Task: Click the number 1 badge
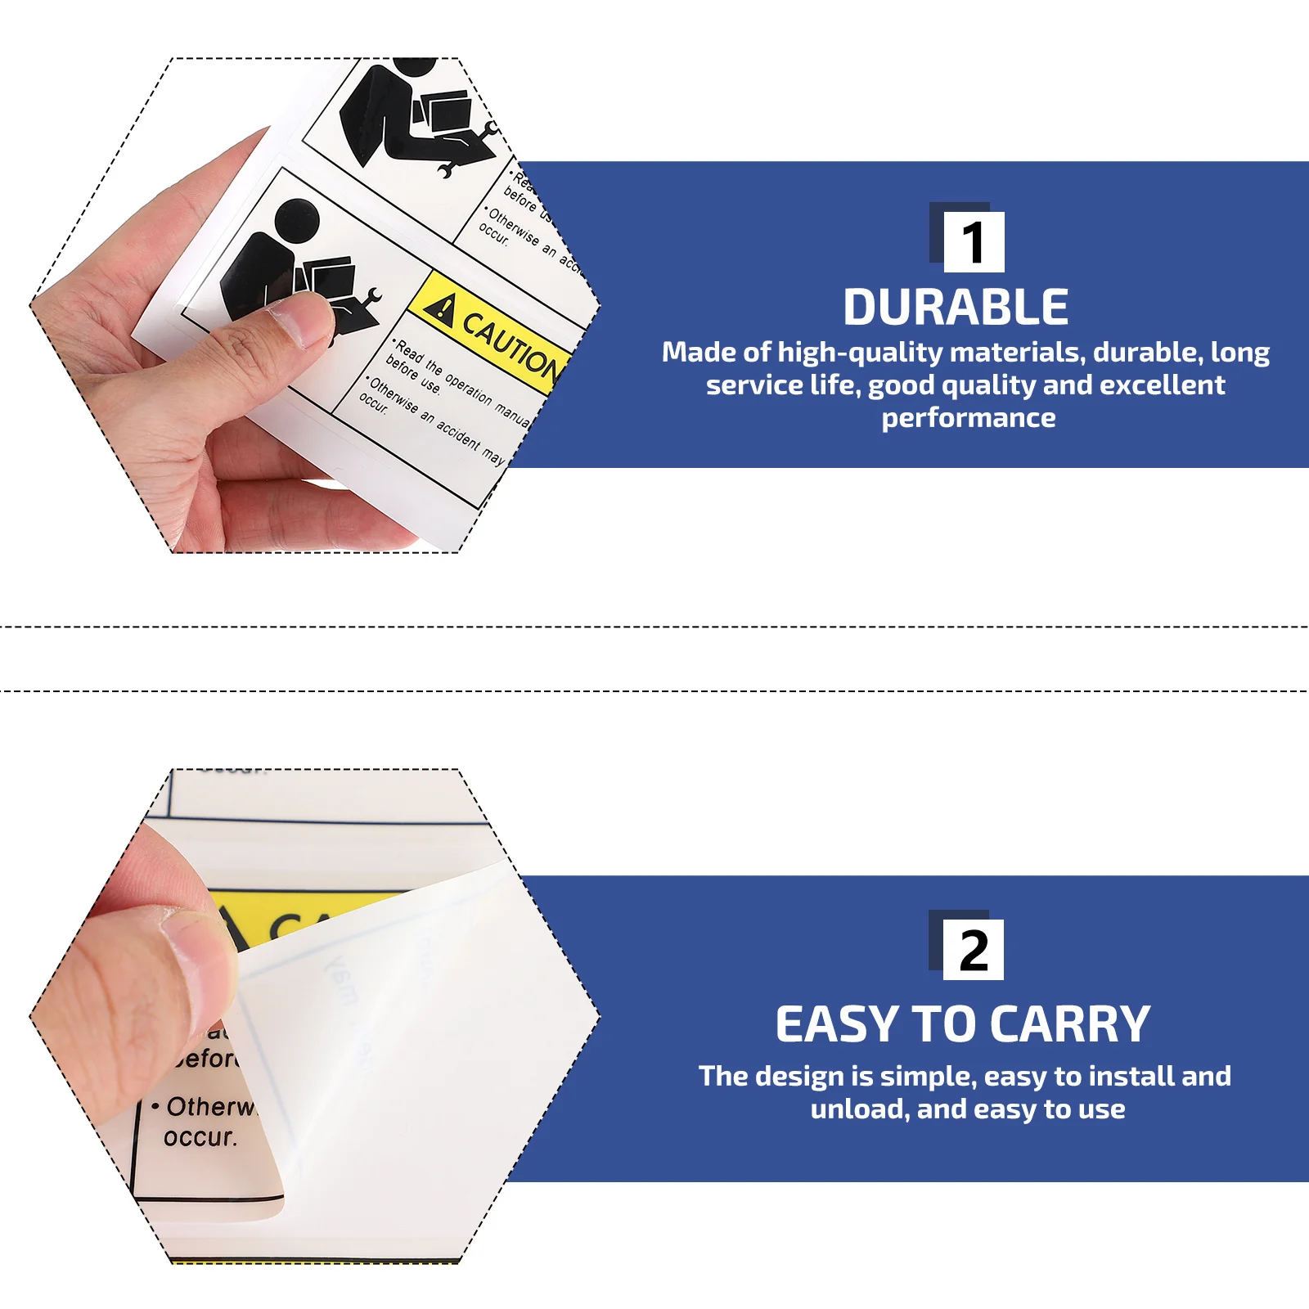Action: (973, 242)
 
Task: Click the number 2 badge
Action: (973, 950)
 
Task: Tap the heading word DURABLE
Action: (956, 308)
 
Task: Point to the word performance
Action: (968, 418)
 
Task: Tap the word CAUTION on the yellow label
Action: (509, 344)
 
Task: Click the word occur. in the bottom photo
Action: (200, 1137)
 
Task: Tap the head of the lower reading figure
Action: (296, 220)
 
